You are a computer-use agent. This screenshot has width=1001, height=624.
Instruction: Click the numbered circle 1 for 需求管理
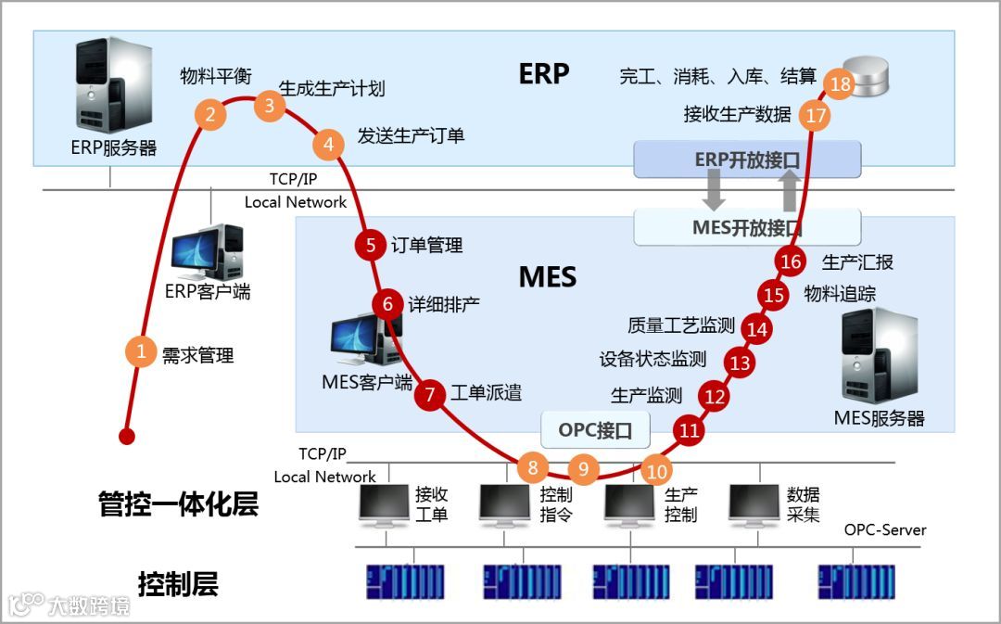click(141, 351)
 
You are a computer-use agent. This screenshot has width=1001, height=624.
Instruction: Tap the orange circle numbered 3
click(270, 105)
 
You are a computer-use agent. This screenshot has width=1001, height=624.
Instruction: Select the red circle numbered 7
click(430, 394)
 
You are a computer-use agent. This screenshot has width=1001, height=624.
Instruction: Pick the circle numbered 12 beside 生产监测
click(716, 397)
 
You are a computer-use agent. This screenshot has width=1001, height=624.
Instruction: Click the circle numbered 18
click(841, 85)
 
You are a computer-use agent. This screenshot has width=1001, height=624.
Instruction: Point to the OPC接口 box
click(595, 429)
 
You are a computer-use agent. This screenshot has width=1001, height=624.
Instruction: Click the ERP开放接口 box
click(747, 159)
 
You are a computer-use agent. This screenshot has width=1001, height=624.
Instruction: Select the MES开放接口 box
click(747, 227)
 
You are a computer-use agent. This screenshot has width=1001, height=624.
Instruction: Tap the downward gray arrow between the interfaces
click(714, 192)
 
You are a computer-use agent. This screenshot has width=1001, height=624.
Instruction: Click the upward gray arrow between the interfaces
click(788, 192)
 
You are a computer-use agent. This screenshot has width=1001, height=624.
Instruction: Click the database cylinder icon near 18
click(870, 76)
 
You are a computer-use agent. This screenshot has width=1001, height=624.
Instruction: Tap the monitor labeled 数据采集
click(754, 506)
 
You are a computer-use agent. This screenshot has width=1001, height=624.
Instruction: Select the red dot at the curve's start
click(127, 436)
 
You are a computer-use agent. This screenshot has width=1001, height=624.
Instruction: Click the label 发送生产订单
click(411, 136)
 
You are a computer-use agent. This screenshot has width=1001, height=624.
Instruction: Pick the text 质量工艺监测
click(681, 325)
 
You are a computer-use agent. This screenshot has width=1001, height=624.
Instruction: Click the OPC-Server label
click(885, 530)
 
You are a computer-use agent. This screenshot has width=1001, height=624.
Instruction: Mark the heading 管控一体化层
click(178, 504)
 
